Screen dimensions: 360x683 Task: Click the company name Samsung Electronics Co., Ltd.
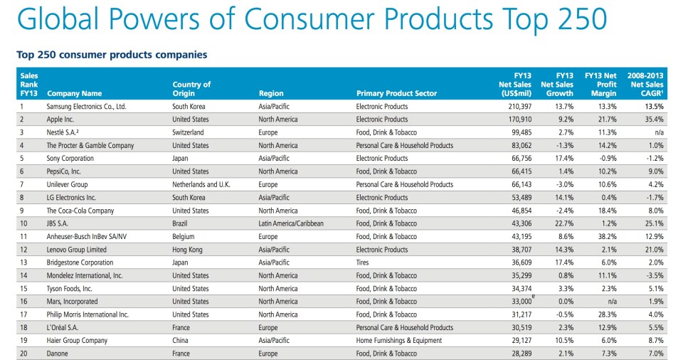[x=86, y=107]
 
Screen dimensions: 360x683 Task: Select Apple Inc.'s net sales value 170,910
[x=518, y=120]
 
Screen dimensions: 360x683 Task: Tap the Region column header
[x=271, y=93]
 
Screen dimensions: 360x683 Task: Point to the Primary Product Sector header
[x=396, y=93]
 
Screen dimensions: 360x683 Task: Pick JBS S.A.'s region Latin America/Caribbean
[x=291, y=223]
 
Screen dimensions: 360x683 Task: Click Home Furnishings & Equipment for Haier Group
[x=398, y=341]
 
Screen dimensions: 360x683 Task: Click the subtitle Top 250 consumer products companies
[x=112, y=54]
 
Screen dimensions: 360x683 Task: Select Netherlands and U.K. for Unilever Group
[x=201, y=184]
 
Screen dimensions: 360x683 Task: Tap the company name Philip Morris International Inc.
[x=88, y=314]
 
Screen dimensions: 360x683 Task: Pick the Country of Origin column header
[x=191, y=89]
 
